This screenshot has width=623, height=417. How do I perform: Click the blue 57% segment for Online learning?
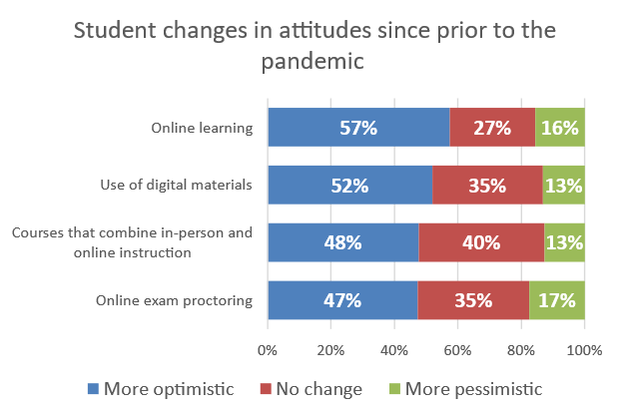357,128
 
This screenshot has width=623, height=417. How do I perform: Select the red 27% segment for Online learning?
492,128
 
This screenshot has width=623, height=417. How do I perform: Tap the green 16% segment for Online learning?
559,128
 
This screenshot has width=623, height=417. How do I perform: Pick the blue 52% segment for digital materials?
349,185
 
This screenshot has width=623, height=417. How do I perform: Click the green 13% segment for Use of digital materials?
564,185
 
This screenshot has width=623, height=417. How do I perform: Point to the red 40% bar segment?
481,242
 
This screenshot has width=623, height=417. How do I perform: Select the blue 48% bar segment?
342,242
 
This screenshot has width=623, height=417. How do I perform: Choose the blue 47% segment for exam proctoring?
341,299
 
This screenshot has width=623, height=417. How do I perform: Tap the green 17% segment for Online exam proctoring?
557,299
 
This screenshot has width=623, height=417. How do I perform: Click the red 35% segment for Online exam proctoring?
473,299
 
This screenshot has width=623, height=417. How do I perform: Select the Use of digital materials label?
177,185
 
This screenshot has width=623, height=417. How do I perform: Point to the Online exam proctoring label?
174,299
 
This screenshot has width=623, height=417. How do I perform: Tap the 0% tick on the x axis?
267,350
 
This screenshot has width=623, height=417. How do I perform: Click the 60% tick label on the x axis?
457,350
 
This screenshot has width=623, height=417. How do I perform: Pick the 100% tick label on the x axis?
584,350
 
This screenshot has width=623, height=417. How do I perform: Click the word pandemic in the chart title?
311,62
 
